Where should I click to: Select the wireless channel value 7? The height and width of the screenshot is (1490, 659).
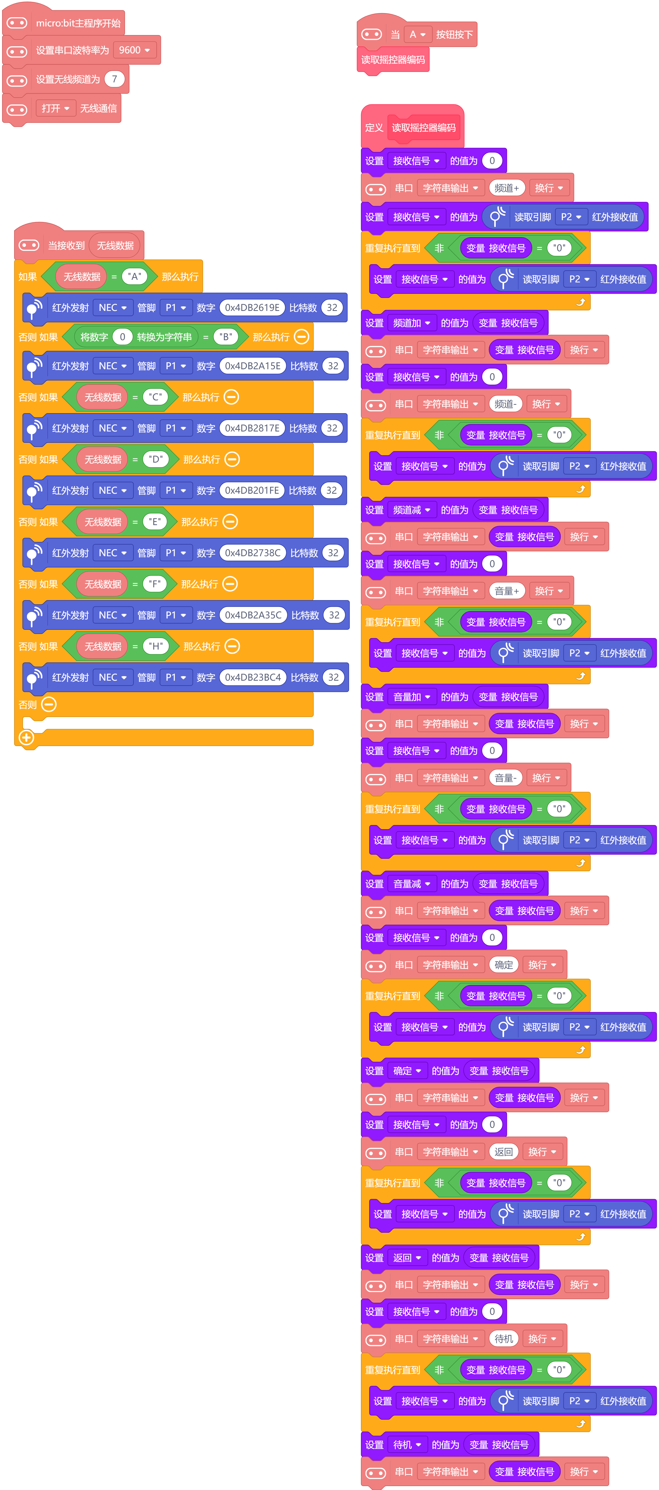coord(115,79)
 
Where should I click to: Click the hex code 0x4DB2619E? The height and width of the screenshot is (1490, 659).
coord(252,308)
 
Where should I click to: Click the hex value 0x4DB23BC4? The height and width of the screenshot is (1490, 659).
coord(253,677)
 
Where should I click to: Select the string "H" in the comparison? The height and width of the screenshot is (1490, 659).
coord(156,646)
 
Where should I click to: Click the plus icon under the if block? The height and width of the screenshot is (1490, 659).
coord(26,737)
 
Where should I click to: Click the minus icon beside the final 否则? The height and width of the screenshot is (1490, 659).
coord(49,704)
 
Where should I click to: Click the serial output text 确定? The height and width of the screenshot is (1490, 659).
coord(504,965)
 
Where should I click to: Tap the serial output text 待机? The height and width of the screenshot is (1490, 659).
coord(504,1339)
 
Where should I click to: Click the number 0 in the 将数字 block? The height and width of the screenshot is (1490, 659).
coord(122,337)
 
